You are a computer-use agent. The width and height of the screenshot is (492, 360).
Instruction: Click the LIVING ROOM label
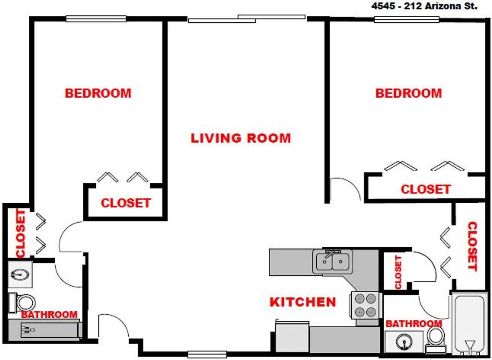[x=241, y=138]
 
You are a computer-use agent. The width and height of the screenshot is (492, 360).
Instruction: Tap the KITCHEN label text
[x=303, y=302]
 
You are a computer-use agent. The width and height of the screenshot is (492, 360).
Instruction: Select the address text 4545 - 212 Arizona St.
[x=424, y=6]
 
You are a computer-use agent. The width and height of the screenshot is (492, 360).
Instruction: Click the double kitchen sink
[x=332, y=262]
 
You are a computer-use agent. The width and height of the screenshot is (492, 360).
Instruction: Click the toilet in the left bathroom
[x=22, y=302]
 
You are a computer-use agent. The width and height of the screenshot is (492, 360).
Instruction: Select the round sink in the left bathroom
[x=20, y=275]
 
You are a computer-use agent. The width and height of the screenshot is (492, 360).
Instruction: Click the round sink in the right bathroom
[x=404, y=342]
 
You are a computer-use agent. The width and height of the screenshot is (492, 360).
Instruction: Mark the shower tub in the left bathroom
[x=45, y=330]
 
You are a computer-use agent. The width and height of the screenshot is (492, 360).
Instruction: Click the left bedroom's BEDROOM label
[x=98, y=93]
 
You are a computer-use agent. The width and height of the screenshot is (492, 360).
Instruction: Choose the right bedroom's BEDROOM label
[x=409, y=93]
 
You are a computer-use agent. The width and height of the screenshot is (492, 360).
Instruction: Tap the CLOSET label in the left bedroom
[x=126, y=203]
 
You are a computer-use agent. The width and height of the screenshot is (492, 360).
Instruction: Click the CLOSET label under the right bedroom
[x=426, y=189]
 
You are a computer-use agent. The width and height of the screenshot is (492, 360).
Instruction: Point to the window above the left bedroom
[x=96, y=19]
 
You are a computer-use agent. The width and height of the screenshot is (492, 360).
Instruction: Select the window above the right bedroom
[x=407, y=20]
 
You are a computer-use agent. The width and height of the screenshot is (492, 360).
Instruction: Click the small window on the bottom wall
[x=207, y=355]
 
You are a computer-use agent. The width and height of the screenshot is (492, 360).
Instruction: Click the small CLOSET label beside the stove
[x=398, y=272]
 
